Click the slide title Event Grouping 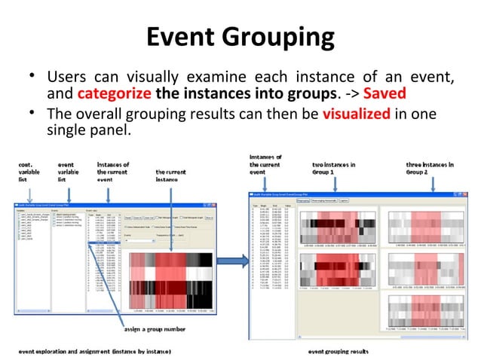point(240,35)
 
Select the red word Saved point(385,94)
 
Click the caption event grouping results point(348,351)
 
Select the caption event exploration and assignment point(95,351)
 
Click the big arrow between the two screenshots point(237,261)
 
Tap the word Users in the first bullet point(66,78)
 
